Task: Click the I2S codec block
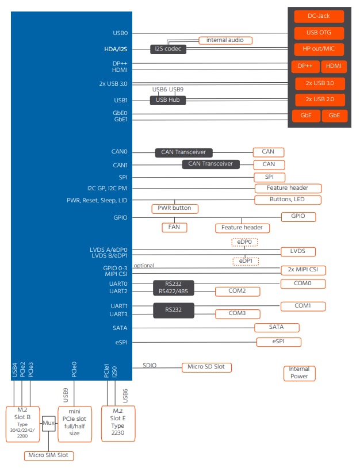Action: point(168,49)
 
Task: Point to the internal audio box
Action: point(225,40)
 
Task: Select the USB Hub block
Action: point(168,100)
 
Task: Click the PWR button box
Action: point(175,208)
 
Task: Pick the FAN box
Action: point(174,227)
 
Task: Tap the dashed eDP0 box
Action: point(244,243)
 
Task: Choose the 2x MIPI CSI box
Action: point(303,270)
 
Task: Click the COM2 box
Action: point(237,291)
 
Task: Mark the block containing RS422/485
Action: point(173,287)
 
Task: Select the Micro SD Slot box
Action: point(207,367)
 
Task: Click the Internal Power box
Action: point(299,373)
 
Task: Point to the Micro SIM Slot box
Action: point(49,455)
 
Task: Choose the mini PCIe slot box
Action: point(74,423)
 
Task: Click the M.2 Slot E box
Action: point(117,423)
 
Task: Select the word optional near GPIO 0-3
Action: point(144,266)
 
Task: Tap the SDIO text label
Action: point(150,365)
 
